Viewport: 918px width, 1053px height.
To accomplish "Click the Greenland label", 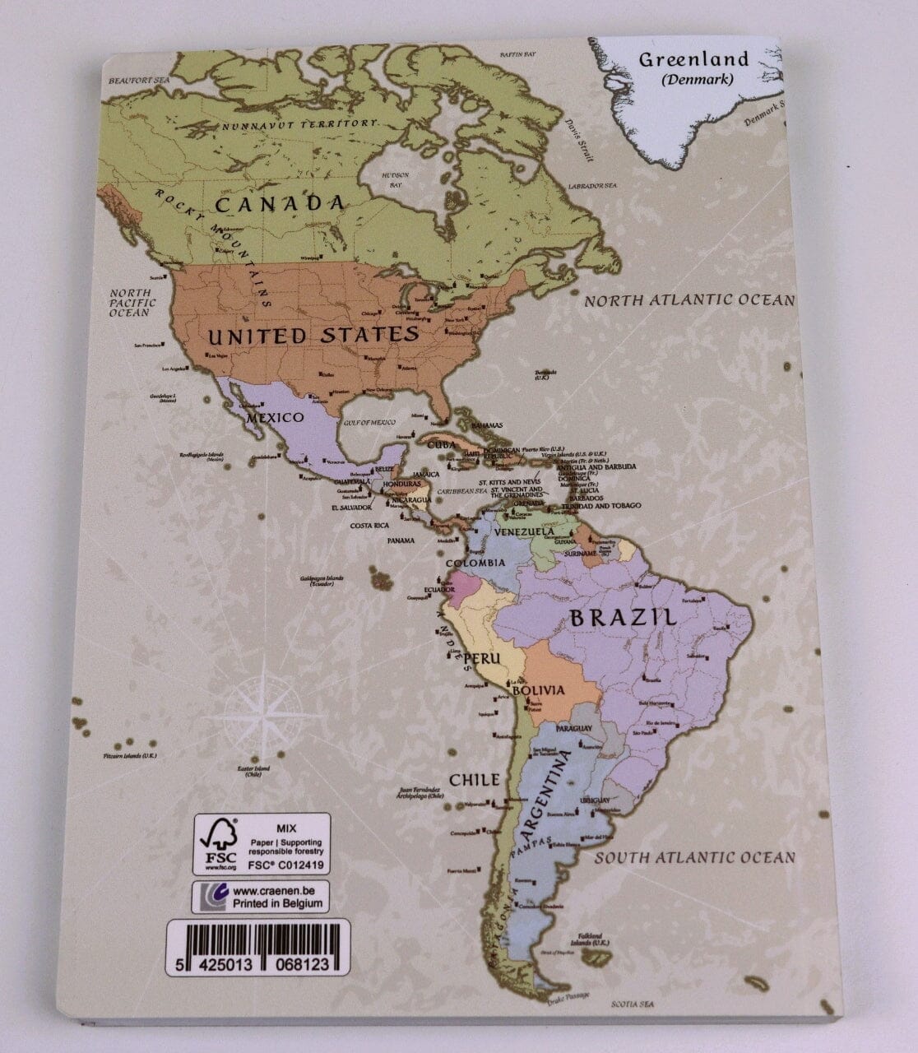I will point(693,59).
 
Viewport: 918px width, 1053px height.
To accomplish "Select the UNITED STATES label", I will point(313,335).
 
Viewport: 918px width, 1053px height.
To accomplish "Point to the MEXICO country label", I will point(276,418).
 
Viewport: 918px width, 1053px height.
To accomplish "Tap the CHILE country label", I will point(474,779).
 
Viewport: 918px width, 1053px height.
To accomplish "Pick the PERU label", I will point(478,659).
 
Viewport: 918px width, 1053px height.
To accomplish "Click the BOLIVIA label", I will point(538,689).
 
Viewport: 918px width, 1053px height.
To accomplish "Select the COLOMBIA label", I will point(475,563).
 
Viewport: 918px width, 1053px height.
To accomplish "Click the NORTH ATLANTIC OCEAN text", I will point(689,300).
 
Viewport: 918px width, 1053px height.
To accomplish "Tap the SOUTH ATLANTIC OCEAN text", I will point(695,857).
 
